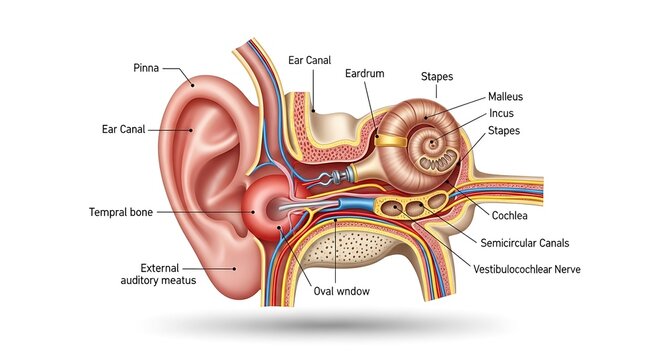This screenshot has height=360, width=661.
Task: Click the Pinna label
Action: (146, 68)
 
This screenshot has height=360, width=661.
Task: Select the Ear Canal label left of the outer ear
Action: (125, 129)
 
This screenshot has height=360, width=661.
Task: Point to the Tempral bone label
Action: (121, 212)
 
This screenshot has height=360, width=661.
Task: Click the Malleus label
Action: (506, 97)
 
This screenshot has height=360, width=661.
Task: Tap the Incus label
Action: (502, 114)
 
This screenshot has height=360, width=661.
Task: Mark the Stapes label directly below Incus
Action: (503, 131)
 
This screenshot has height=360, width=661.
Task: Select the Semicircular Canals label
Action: (526, 242)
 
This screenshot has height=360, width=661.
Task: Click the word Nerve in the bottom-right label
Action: (564, 269)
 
